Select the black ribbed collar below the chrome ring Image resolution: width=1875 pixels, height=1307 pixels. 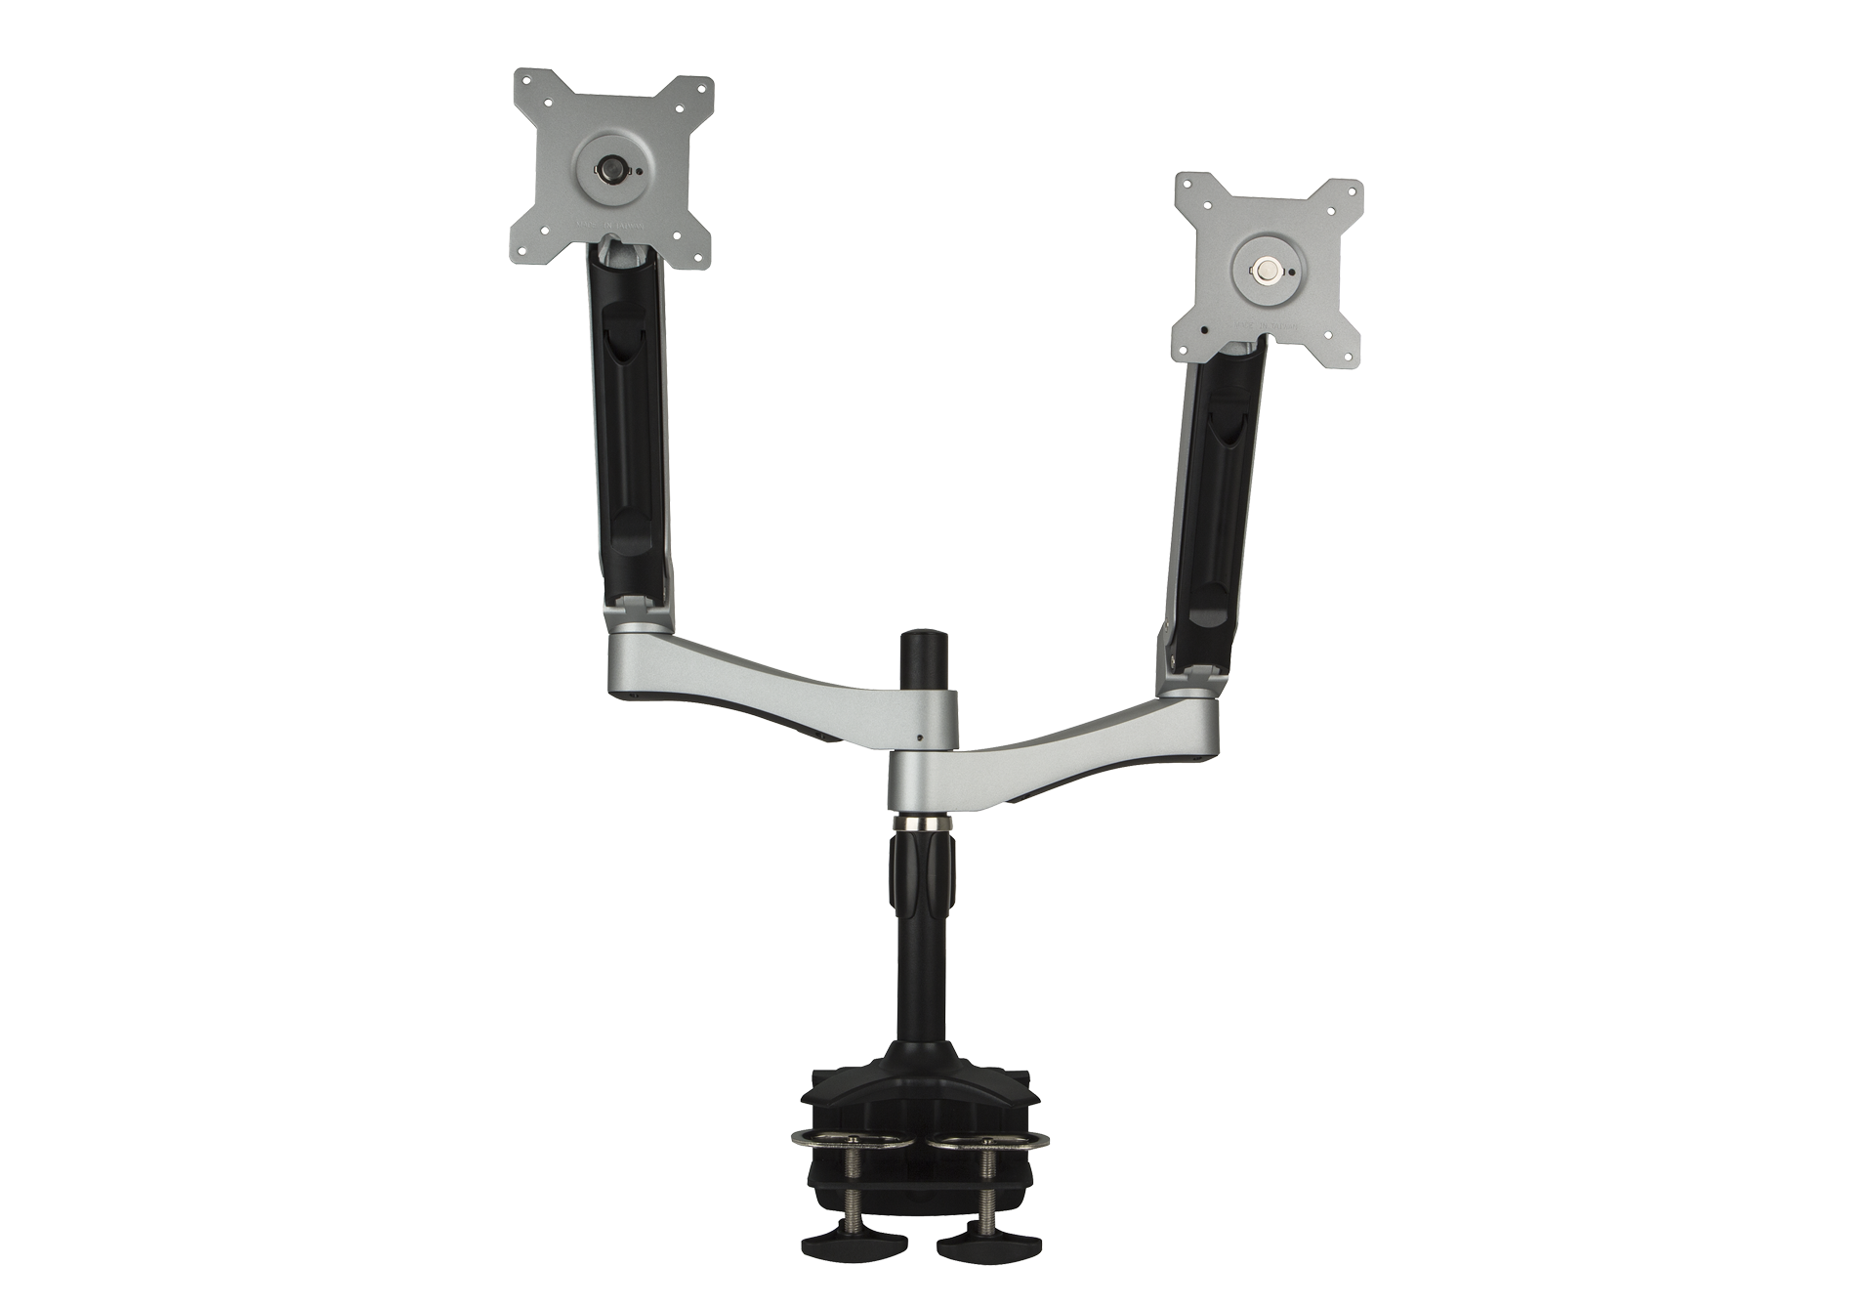pyautogui.click(x=918, y=869)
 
